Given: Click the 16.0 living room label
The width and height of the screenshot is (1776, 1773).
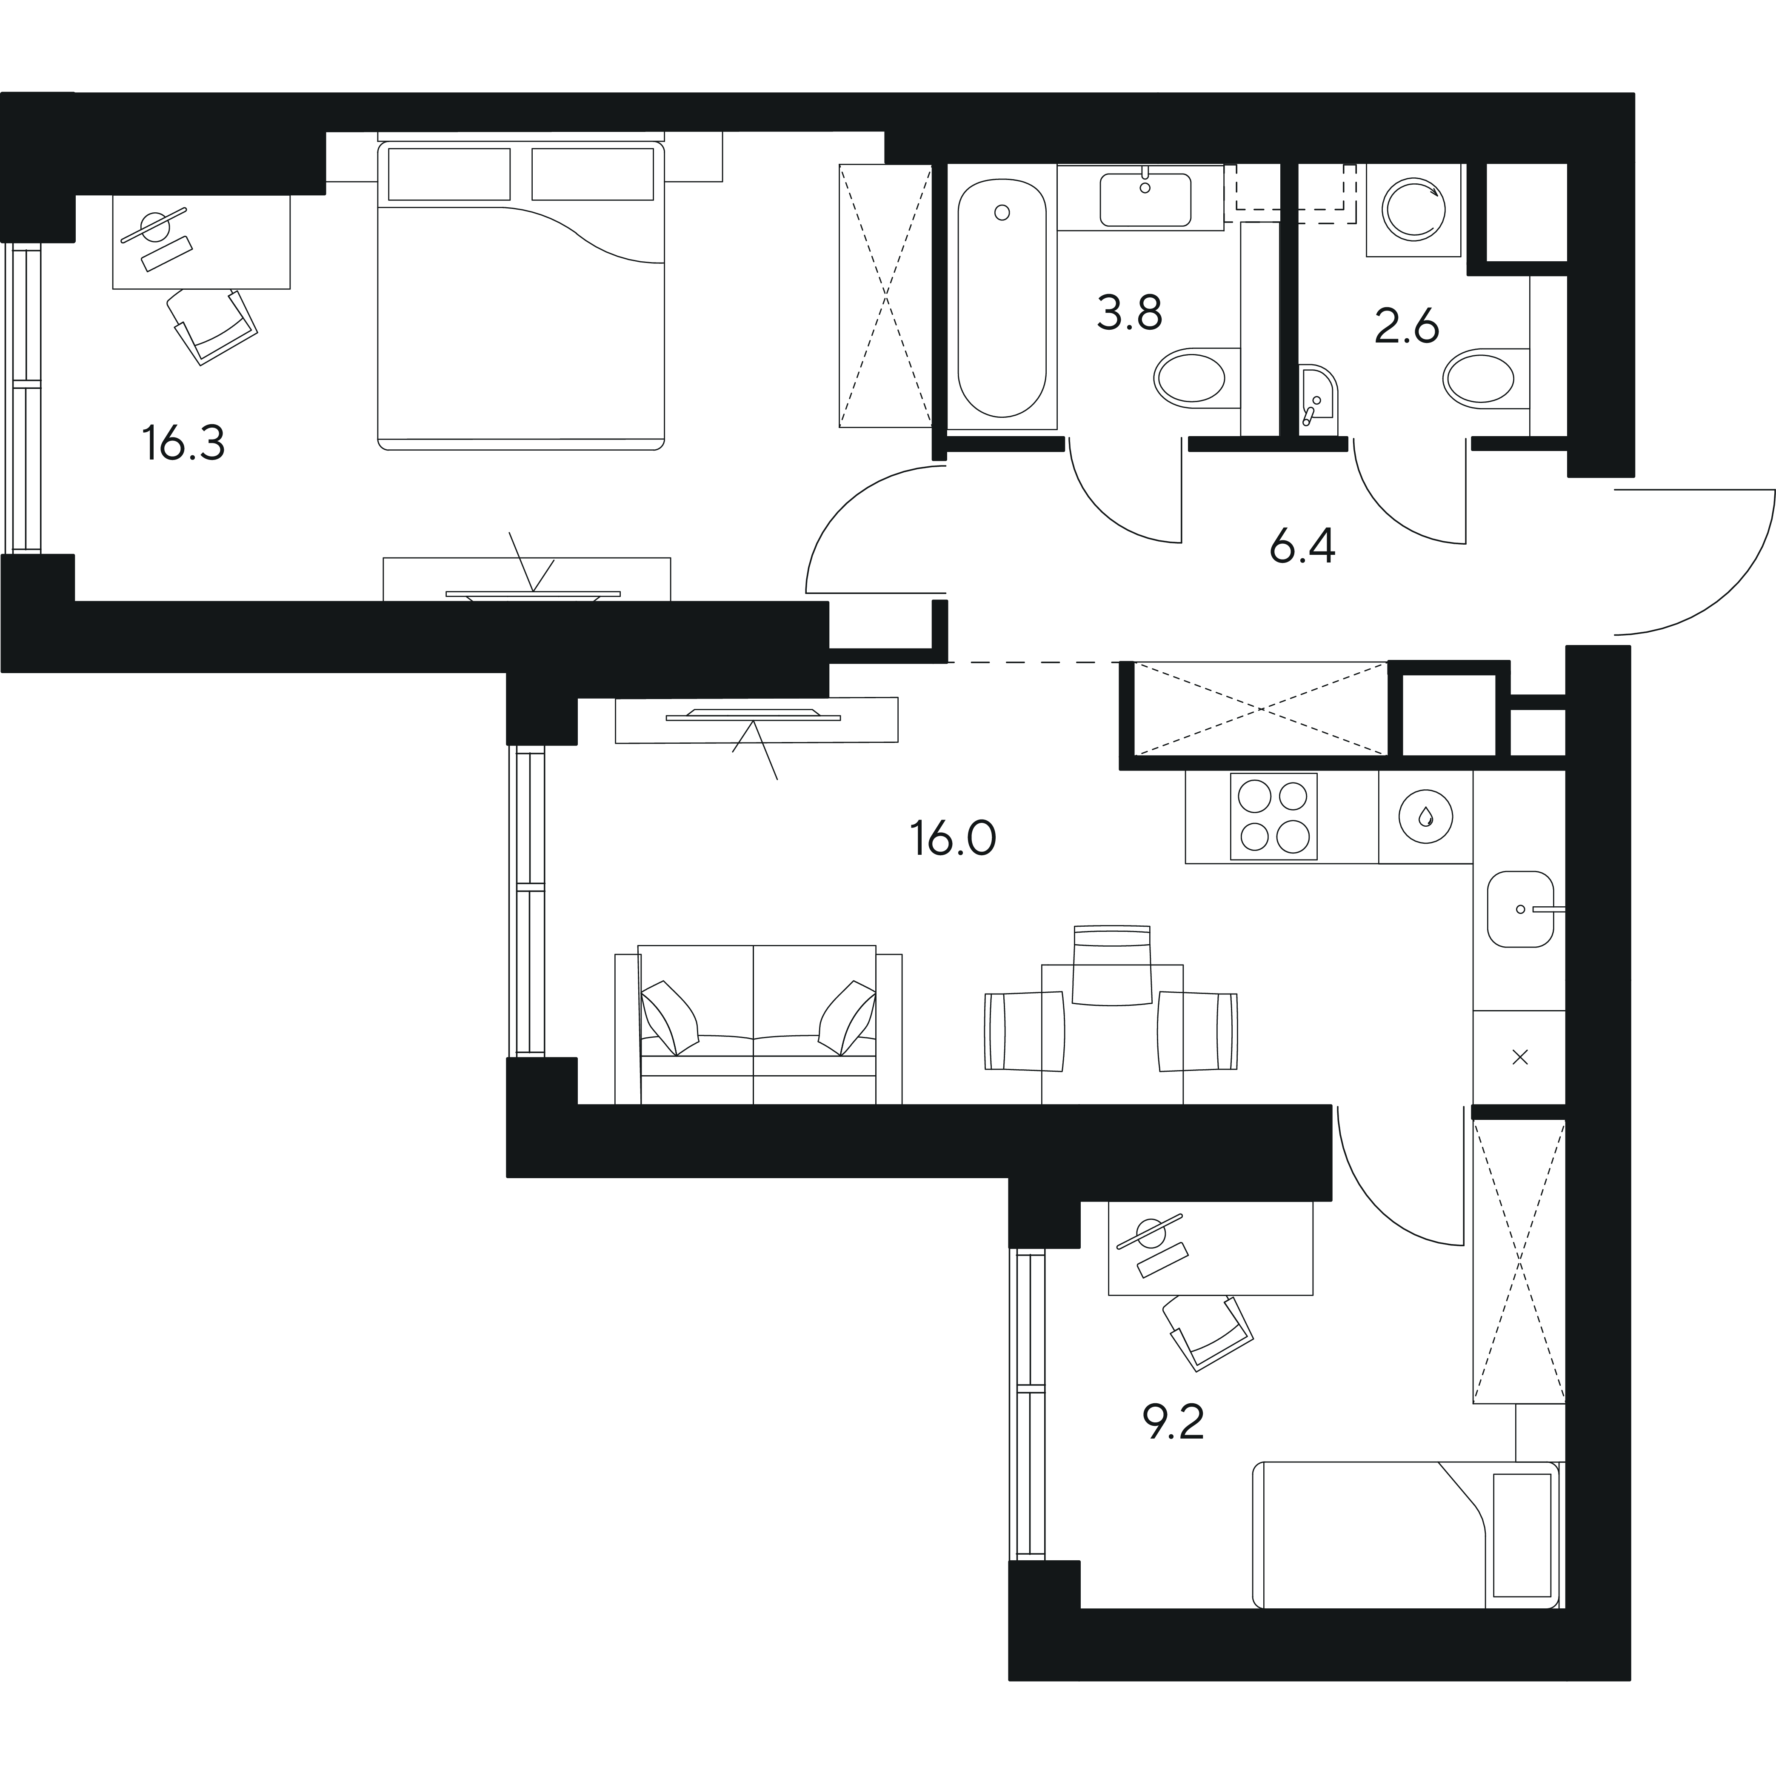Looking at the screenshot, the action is point(953,838).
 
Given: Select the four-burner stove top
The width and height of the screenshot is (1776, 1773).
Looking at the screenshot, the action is point(1273,816).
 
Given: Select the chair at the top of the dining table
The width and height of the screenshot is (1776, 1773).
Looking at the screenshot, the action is point(1112,965).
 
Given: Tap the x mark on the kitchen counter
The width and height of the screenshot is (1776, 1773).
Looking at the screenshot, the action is point(1519,1058).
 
